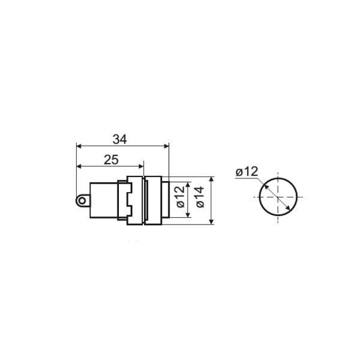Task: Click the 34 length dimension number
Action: (x=119, y=139)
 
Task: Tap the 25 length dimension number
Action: (x=111, y=160)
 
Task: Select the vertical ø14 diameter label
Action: (x=200, y=197)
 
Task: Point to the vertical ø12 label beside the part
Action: (x=181, y=197)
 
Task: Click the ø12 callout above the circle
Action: (x=247, y=172)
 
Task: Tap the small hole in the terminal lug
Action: (x=82, y=201)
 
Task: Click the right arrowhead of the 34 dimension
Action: (x=166, y=146)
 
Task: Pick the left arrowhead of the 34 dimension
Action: (x=79, y=146)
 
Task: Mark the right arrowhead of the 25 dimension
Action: (x=141, y=166)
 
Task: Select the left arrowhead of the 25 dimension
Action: (x=79, y=166)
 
